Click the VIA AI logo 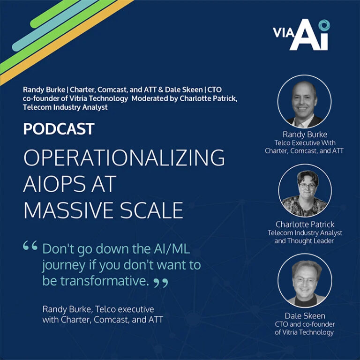coord(301,34)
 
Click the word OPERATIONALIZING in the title coord(124,158)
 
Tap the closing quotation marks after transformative coord(161,283)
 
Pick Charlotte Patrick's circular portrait coord(305,190)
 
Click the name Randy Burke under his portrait coord(305,135)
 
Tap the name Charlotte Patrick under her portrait coord(305,224)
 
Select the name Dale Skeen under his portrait coord(305,315)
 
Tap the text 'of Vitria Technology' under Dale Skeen coord(305,332)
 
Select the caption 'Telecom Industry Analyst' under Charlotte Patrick coord(305,233)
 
